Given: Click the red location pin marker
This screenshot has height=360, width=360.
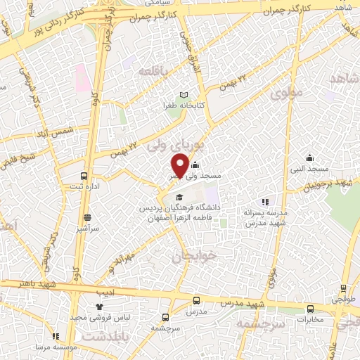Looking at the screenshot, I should point(179,167).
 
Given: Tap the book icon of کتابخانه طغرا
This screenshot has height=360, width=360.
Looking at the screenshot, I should point(184,95).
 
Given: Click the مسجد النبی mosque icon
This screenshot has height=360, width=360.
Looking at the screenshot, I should point(309,157).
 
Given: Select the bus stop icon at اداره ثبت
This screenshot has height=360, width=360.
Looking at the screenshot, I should point(84,176).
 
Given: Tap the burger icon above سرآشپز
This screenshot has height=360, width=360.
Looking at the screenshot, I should point(87,218).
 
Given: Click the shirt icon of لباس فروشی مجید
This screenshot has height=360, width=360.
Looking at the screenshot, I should point(99,307).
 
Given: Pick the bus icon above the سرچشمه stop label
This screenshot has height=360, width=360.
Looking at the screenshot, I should point(166,317).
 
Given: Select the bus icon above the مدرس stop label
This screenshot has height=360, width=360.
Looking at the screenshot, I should point(196,300).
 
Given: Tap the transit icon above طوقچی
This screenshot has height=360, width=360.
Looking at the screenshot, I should point(343,288).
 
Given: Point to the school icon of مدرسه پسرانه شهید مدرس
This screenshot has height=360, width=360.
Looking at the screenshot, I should point(264,201).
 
